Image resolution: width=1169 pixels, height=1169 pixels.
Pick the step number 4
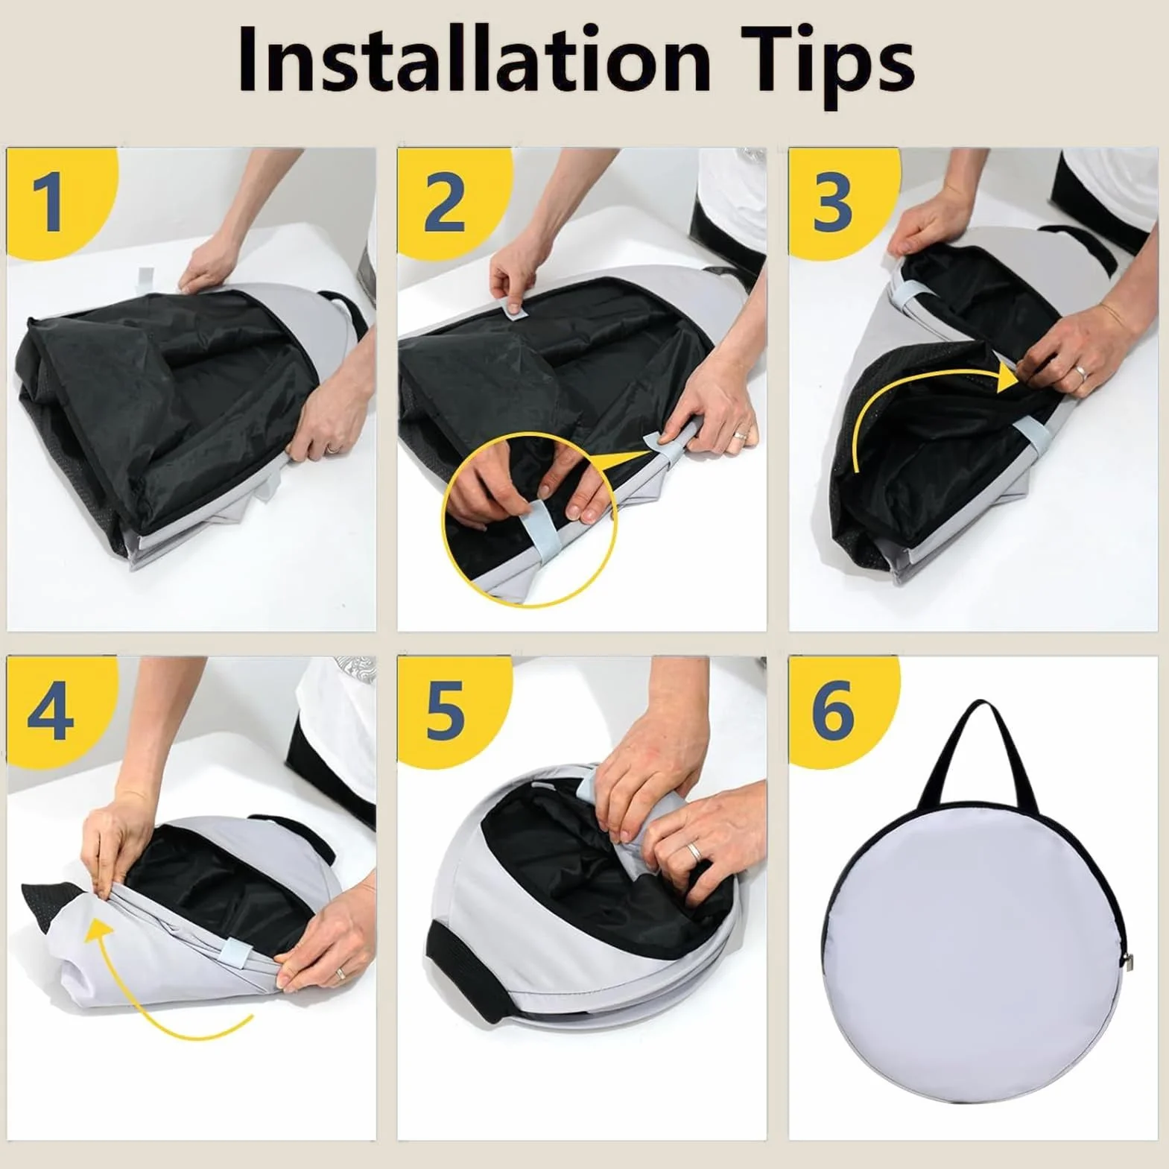pyautogui.click(x=51, y=711)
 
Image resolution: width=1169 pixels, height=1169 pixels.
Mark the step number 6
pyautogui.click(x=833, y=711)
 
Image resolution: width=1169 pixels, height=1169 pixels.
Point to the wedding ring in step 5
pyautogui.click(x=693, y=850)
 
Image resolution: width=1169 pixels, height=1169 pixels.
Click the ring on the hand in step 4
pyautogui.click(x=340, y=973)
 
